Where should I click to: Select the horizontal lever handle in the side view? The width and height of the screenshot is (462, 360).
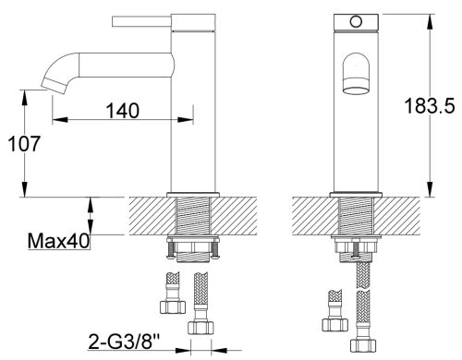click(x=141, y=21)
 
